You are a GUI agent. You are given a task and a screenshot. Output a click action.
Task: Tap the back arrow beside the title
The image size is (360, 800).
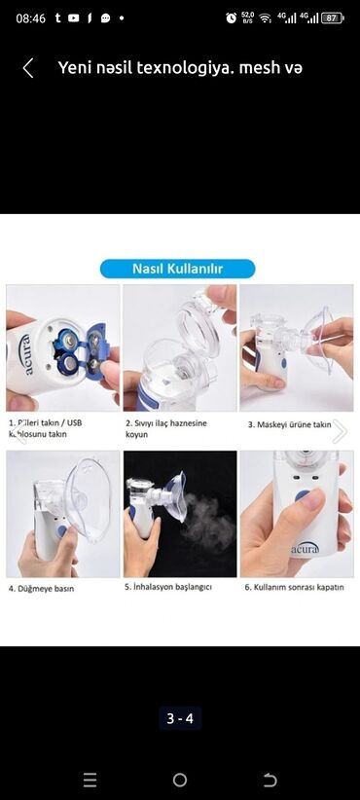pyautogui.click(x=28, y=67)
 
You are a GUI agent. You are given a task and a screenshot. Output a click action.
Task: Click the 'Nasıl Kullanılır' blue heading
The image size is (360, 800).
pyautogui.click(x=179, y=268)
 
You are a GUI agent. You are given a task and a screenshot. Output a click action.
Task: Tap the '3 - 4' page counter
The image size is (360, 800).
pyautogui.click(x=180, y=719)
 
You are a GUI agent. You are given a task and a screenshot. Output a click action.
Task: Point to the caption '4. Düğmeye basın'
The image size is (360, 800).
pyautogui.click(x=41, y=588)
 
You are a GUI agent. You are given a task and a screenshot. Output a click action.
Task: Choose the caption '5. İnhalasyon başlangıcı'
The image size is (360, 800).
pyautogui.click(x=168, y=588)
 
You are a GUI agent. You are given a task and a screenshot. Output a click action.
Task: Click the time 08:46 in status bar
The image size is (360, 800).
pyautogui.click(x=31, y=18)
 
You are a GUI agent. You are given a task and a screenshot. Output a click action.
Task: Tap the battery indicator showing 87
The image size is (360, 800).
pyautogui.click(x=332, y=18)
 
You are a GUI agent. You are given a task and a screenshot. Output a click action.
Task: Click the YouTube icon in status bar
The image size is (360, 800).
pyautogui.click(x=73, y=18)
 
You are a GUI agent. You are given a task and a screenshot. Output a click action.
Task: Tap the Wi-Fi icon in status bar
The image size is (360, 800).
pyautogui.click(x=265, y=18)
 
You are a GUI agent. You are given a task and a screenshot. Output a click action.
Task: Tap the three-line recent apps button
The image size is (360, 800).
pyautogui.click(x=90, y=780)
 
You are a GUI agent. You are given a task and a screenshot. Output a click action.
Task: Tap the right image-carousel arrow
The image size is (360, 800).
pyautogui.click(x=339, y=431)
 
